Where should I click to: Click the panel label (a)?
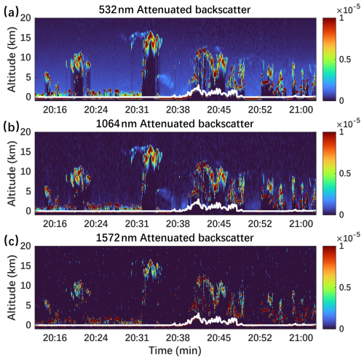point(10,8)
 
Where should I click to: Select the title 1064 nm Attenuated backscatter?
point(177,124)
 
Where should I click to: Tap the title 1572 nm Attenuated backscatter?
point(177,238)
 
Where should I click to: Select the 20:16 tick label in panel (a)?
point(56,109)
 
